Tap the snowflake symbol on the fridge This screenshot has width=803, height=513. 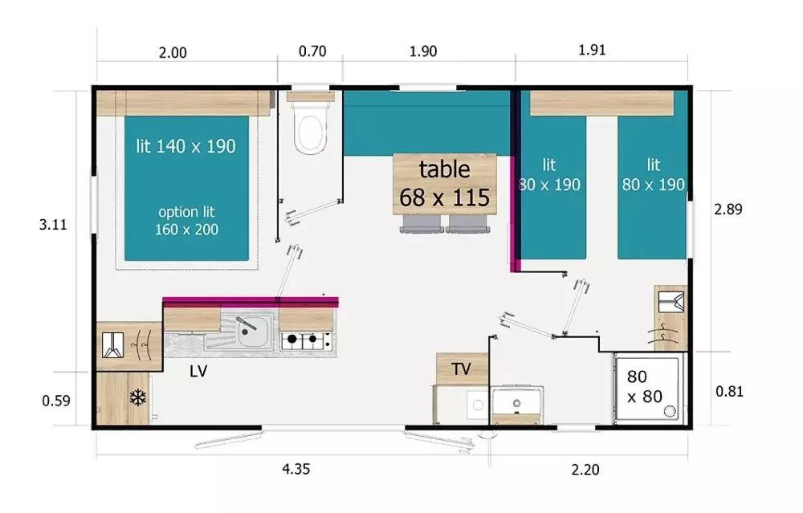pyautogui.click(x=138, y=398)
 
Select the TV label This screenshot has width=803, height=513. pyautogui.click(x=461, y=368)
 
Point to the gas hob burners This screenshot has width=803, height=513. pyautogui.click(x=306, y=340)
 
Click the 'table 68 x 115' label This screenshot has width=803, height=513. pyautogui.click(x=445, y=183)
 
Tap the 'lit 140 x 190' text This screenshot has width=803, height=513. pyautogui.click(x=186, y=146)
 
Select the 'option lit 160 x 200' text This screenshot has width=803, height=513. pyautogui.click(x=186, y=221)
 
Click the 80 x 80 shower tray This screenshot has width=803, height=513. pyautogui.click(x=648, y=388)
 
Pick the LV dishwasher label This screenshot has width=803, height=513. pyautogui.click(x=198, y=371)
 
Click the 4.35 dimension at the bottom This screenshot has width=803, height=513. pyautogui.click(x=296, y=469)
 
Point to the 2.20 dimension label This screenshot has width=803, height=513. pyautogui.click(x=585, y=469)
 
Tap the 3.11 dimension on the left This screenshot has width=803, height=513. pyautogui.click(x=53, y=224)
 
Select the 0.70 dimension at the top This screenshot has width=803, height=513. pyautogui.click(x=312, y=51)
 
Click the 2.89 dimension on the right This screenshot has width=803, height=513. pyautogui.click(x=728, y=209)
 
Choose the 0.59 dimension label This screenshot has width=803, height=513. pyautogui.click(x=56, y=401)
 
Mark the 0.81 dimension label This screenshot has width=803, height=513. pyautogui.click(x=729, y=391)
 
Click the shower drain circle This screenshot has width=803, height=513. pyautogui.click(x=670, y=411)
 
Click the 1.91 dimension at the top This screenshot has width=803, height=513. pyautogui.click(x=592, y=50)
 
